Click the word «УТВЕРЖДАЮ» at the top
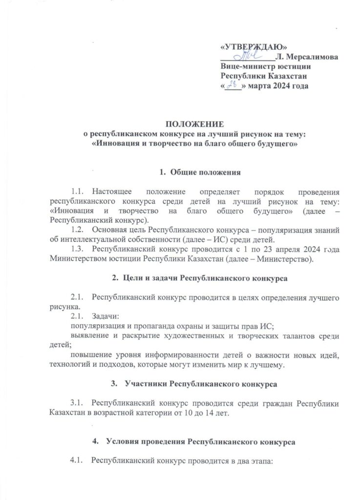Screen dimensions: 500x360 click(x=253, y=47)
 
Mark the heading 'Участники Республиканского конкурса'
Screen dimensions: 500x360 click(x=201, y=384)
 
